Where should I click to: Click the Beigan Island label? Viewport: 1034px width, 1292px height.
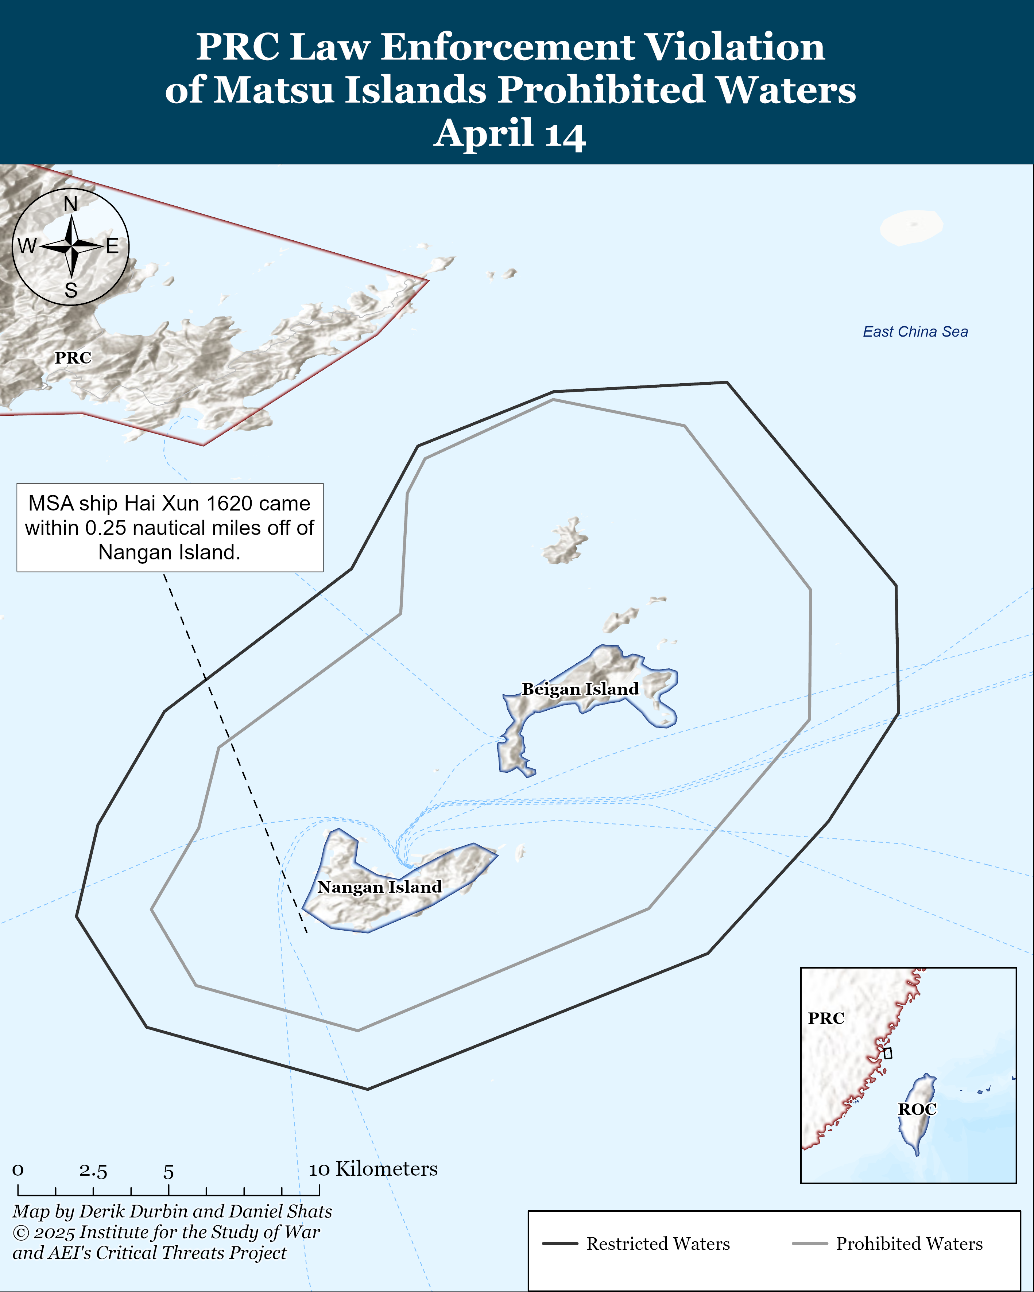click(580, 689)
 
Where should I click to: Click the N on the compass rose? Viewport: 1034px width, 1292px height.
click(71, 204)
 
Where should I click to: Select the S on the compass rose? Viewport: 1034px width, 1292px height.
click(71, 291)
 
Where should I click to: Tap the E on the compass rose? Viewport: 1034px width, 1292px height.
click(113, 246)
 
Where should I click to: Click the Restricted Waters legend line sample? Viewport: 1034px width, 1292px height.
click(560, 1244)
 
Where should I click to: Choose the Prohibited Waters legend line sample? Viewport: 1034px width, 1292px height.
click(809, 1244)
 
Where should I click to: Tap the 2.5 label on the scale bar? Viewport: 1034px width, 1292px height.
click(93, 1172)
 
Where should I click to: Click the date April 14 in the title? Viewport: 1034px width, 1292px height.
click(510, 133)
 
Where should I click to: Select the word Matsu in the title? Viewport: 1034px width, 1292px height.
click(273, 90)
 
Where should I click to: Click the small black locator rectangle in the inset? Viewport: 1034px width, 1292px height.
click(888, 1052)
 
